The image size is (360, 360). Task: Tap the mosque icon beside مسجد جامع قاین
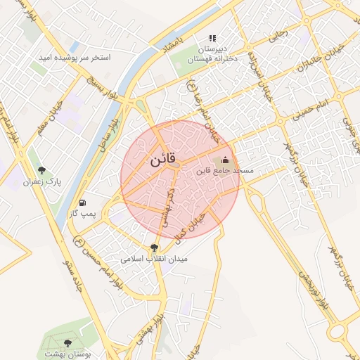(x=225, y=160)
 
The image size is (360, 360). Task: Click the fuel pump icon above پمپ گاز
(x=84, y=201)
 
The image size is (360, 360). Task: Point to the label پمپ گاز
(x=82, y=212)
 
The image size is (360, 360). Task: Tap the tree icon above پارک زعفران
(x=43, y=170)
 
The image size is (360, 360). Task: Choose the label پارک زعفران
(x=42, y=181)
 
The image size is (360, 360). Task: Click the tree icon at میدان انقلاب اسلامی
(x=154, y=247)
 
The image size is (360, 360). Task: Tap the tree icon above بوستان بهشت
(x=67, y=343)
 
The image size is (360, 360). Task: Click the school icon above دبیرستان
(x=212, y=39)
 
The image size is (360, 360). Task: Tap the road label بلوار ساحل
(x=108, y=130)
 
